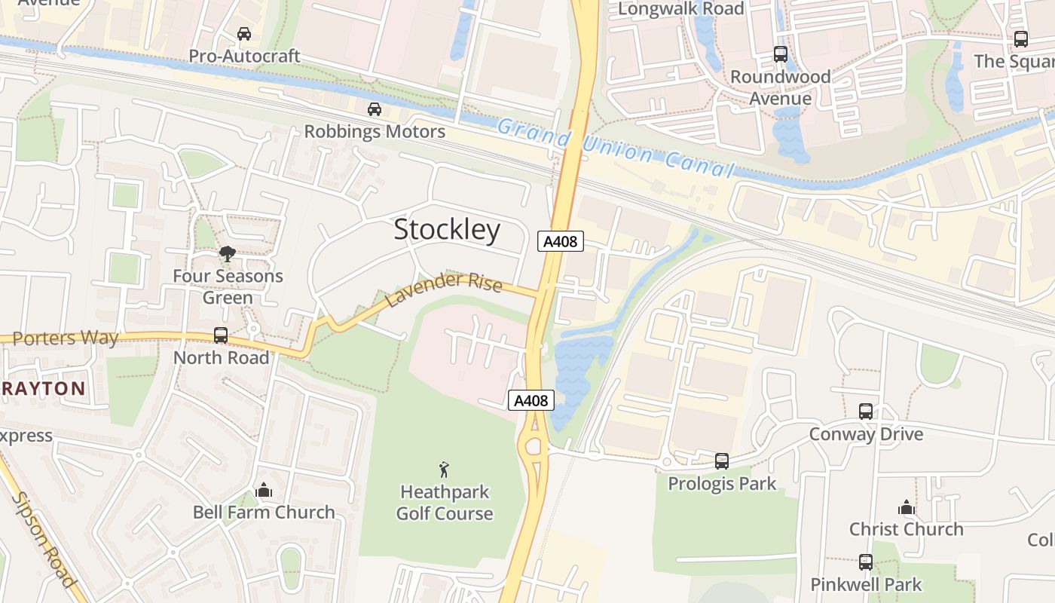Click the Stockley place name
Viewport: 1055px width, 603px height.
coord(447,230)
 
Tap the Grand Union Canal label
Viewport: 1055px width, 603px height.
coord(615,148)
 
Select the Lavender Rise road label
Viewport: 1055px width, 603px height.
coord(444,290)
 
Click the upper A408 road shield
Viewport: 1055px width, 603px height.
coord(561,241)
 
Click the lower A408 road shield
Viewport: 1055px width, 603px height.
coord(531,400)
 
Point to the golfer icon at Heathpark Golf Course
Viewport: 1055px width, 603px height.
coord(445,470)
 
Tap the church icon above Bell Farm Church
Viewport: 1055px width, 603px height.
coord(263,490)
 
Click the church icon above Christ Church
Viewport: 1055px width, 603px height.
coord(907,507)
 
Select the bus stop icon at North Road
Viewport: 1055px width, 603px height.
coord(221,335)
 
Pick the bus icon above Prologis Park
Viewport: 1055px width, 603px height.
coord(722,461)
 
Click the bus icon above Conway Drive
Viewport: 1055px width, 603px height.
coord(866,412)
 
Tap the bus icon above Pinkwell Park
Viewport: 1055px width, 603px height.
coord(866,562)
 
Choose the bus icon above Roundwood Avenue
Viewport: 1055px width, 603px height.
coord(781,54)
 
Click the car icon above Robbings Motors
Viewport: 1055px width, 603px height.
coord(375,109)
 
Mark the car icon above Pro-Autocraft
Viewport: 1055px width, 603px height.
coord(244,34)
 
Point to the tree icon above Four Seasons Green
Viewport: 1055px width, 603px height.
coord(227,253)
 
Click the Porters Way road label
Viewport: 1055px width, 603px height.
coord(66,338)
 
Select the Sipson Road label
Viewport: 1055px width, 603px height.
coord(44,539)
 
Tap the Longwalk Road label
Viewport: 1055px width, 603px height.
coord(680,9)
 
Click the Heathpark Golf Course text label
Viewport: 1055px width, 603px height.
coord(445,503)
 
